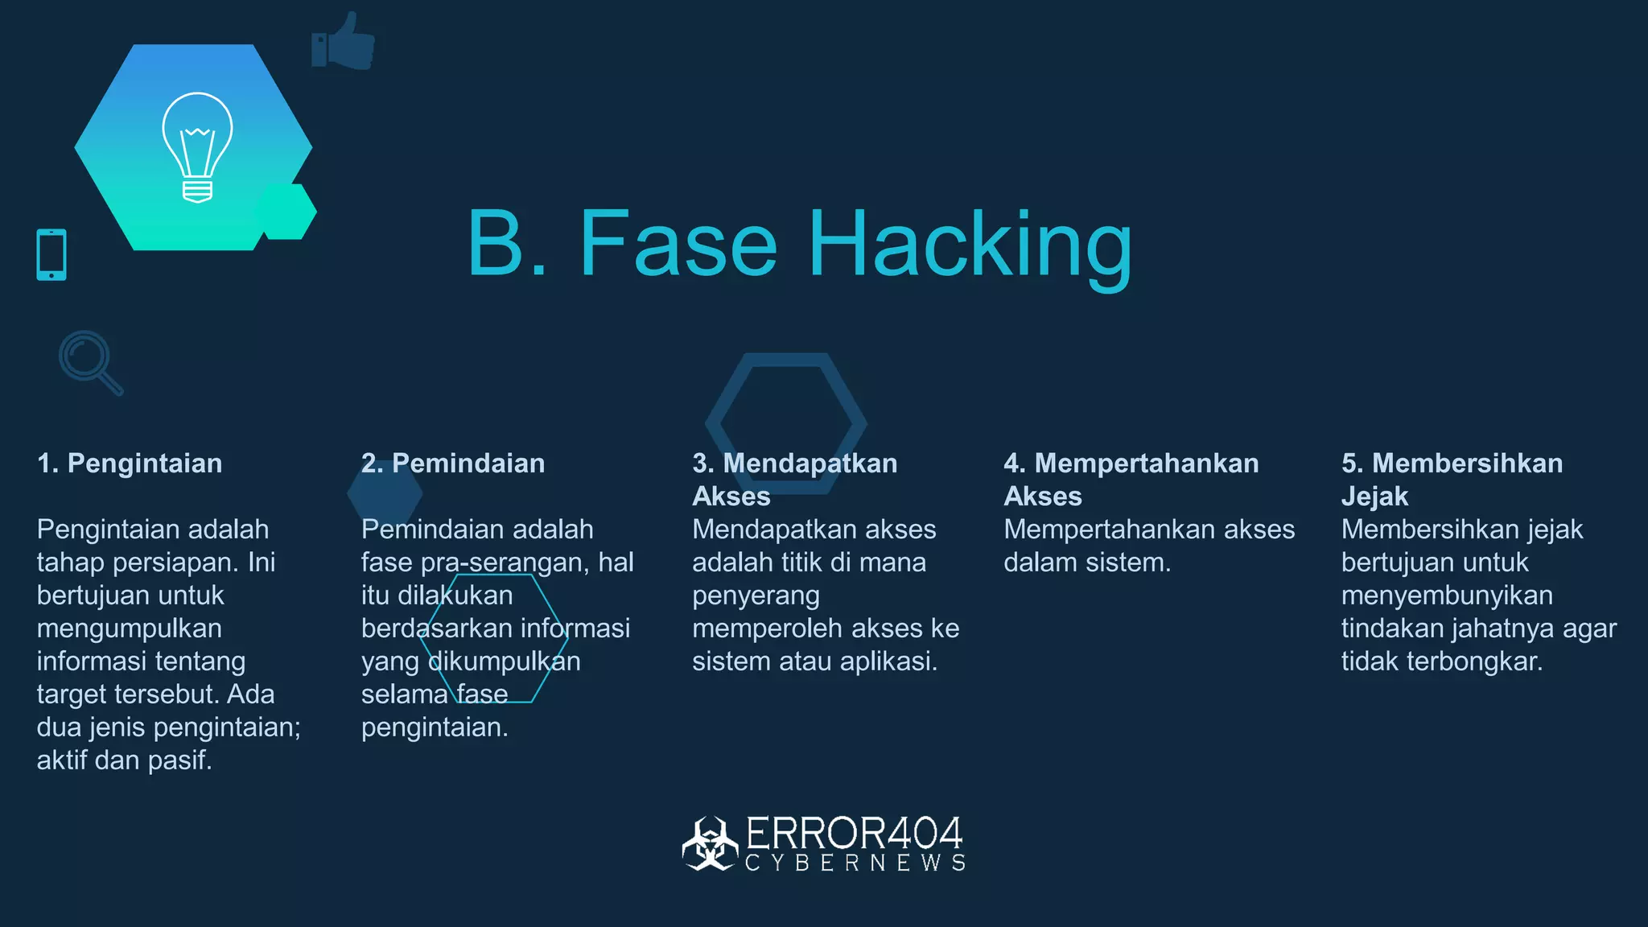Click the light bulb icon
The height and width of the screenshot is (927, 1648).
(197, 146)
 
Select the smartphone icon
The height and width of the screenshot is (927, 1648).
(51, 255)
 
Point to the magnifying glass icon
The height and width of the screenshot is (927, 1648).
(89, 361)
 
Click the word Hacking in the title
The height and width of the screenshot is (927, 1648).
(970, 245)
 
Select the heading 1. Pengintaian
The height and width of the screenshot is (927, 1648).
(130, 463)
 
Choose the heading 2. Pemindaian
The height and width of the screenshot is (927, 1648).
(453, 463)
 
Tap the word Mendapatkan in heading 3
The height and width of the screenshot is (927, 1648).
(810, 463)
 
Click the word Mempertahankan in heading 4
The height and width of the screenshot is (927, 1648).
(1146, 463)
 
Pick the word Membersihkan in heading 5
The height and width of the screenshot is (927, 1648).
(1467, 463)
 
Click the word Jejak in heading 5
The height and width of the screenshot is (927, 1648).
(1374, 496)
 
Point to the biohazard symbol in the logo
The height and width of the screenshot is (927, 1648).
(710, 843)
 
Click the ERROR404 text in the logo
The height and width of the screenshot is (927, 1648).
(854, 834)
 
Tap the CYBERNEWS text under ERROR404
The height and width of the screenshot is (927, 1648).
(855, 863)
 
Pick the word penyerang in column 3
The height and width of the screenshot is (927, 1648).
(756, 595)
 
